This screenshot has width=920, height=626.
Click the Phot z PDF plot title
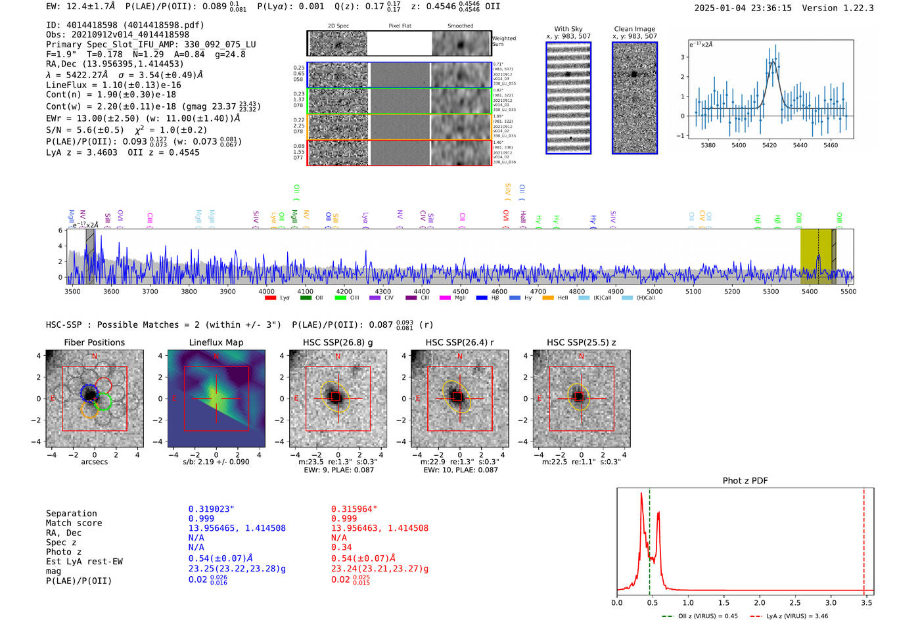click(745, 481)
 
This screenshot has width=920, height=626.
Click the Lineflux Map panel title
click(216, 342)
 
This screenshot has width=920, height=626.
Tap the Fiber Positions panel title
click(94, 342)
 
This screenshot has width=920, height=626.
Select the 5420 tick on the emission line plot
click(770, 145)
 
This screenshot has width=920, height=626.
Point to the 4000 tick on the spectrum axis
click(266, 291)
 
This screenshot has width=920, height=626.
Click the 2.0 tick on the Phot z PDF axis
click(760, 602)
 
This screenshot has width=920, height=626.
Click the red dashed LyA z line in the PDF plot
click(863, 539)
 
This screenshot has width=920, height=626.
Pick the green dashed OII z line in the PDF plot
click(649, 539)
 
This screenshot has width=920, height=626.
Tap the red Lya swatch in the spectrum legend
click(270, 298)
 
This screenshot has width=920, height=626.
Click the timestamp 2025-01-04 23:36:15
click(743, 8)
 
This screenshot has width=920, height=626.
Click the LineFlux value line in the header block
click(113, 85)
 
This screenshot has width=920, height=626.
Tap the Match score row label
click(74, 523)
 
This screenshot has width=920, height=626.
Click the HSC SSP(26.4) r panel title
click(459, 342)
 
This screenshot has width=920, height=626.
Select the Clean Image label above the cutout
click(634, 29)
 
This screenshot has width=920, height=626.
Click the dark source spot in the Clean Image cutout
click(634, 74)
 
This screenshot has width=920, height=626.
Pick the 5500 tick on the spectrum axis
click(848, 291)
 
